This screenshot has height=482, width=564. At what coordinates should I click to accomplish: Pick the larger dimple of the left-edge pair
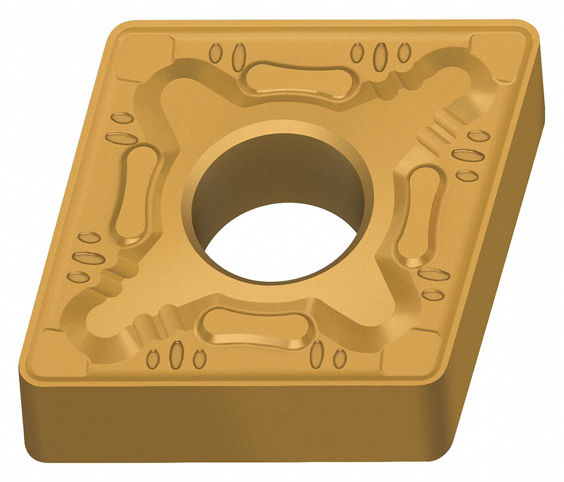pos(118,137)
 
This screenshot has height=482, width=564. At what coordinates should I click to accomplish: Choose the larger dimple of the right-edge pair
pos(434,275)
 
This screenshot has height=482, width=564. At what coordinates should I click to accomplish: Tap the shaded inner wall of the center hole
pos(281,171)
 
